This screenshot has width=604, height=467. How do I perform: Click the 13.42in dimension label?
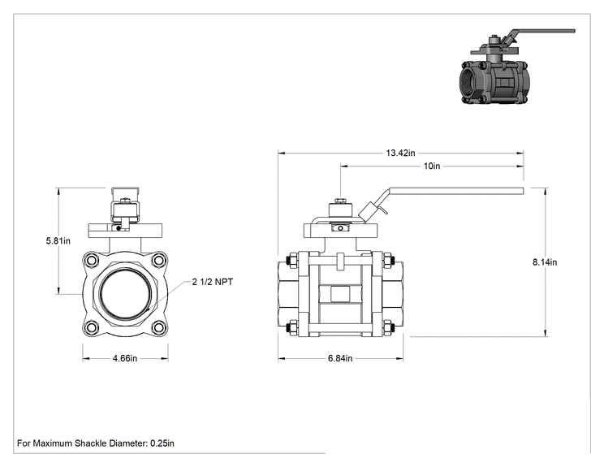400,153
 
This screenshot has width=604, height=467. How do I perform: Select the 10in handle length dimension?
431,166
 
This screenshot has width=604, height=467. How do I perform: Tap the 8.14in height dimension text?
545,262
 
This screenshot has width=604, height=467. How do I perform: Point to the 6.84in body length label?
340,358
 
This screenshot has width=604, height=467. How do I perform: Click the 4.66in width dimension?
125,358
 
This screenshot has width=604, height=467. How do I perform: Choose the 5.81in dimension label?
58,241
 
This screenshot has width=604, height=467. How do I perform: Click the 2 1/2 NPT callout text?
213,282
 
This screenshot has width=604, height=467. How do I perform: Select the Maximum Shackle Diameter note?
96,443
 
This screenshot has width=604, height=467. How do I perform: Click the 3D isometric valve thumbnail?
516,67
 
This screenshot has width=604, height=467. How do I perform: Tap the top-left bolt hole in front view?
92,261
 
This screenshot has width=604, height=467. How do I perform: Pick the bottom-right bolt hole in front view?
158,327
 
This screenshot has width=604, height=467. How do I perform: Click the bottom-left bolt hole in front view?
92,327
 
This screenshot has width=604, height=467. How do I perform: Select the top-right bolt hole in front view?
158,261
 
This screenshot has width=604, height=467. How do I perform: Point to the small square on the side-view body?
340,294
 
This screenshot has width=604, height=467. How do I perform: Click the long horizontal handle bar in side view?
456,191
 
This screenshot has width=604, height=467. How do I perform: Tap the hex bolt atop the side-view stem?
340,201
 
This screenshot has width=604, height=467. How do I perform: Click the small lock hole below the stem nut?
340,228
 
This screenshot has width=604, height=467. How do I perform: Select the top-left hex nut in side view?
291,261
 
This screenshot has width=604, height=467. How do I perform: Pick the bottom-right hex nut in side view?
386,328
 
